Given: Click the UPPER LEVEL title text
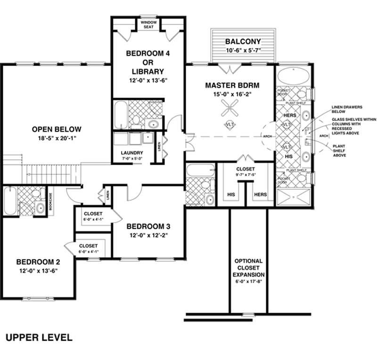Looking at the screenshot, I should point(39,337).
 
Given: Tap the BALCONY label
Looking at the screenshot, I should point(243,41).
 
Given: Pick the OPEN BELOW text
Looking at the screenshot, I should point(57,129).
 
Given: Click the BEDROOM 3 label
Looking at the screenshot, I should point(145,226).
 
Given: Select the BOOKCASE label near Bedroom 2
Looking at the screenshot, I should point(51,202).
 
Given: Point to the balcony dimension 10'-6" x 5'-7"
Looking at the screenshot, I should point(243,50).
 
